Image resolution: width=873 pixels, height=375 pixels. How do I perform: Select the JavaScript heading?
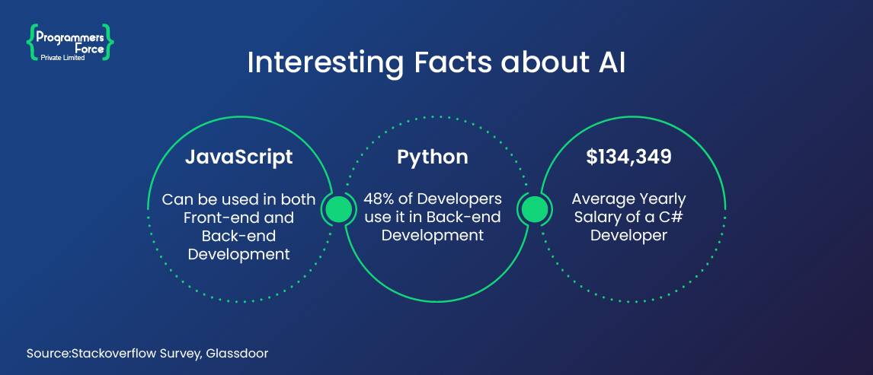tap(239, 157)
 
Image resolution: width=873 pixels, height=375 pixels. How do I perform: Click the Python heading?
tap(433, 157)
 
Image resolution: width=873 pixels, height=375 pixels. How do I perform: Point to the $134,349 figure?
tap(628, 157)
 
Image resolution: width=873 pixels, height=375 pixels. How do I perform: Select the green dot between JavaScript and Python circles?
tap(338, 209)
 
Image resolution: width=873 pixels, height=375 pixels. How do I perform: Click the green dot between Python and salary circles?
tap(532, 209)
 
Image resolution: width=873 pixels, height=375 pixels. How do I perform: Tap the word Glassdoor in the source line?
tap(237, 353)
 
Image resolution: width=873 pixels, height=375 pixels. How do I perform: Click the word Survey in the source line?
tap(182, 354)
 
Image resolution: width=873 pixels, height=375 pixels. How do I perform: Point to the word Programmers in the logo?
tap(71, 37)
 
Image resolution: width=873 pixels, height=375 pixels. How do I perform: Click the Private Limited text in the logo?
tap(62, 57)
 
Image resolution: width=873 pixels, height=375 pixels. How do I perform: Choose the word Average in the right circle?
tap(603, 199)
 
